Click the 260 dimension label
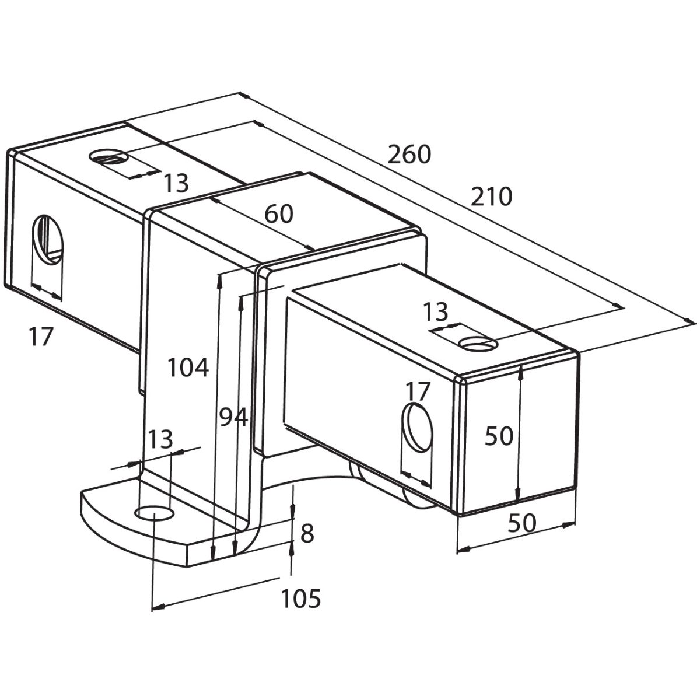coord(409,155)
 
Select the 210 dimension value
coord(492,197)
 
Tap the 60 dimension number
coord(279,214)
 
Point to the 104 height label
coord(188,367)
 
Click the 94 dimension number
coord(233,417)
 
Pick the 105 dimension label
coord(302,598)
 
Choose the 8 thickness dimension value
coord(307,534)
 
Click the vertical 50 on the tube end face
coord(499,436)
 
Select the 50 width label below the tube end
coord(521,523)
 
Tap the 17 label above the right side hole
coord(418,391)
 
